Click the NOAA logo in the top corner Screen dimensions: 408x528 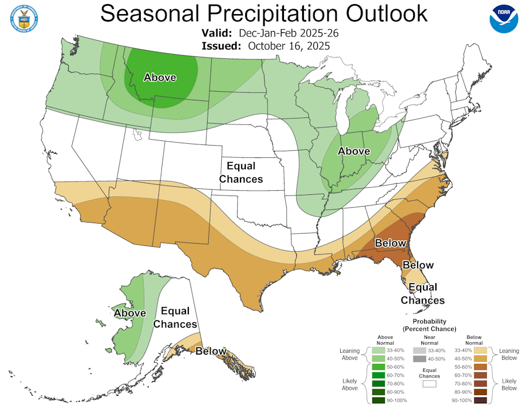point(504,18)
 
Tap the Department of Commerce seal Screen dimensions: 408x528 point(24,18)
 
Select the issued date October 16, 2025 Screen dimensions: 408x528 point(289,46)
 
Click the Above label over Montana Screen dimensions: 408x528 point(160,77)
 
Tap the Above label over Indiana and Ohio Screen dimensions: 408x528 point(354,151)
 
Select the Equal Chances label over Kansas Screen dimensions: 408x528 point(241,173)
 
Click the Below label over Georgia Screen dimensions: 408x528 point(390,243)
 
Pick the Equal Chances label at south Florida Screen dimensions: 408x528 point(422,294)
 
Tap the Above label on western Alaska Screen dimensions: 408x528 point(130,313)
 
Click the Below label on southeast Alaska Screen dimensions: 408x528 point(211,351)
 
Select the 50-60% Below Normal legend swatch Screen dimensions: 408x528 point(481,367)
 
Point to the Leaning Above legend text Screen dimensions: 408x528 point(349,354)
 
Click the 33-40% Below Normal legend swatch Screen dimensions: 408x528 point(481,350)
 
